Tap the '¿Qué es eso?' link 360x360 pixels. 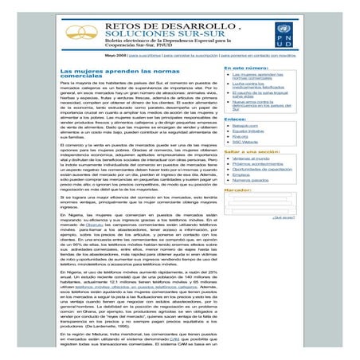[284, 217]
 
